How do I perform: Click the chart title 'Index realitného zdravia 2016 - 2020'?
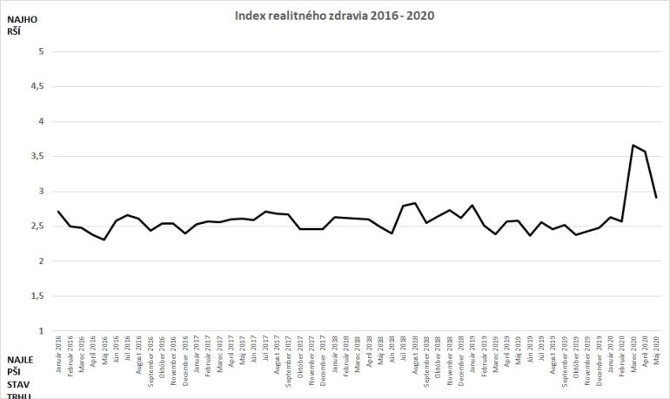[x=334, y=15]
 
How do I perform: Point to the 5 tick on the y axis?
[x=40, y=51]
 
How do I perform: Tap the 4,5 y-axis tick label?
[x=37, y=86]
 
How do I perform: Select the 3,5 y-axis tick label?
[x=37, y=156]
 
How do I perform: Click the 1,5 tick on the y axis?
[x=37, y=296]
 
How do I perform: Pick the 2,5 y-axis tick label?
[x=37, y=227]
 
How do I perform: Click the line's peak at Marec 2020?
[x=633, y=145]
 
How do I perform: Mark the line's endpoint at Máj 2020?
[x=655, y=198]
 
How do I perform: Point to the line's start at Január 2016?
[x=57, y=211]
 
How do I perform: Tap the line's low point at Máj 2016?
[x=104, y=240]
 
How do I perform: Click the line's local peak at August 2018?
[x=416, y=203]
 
